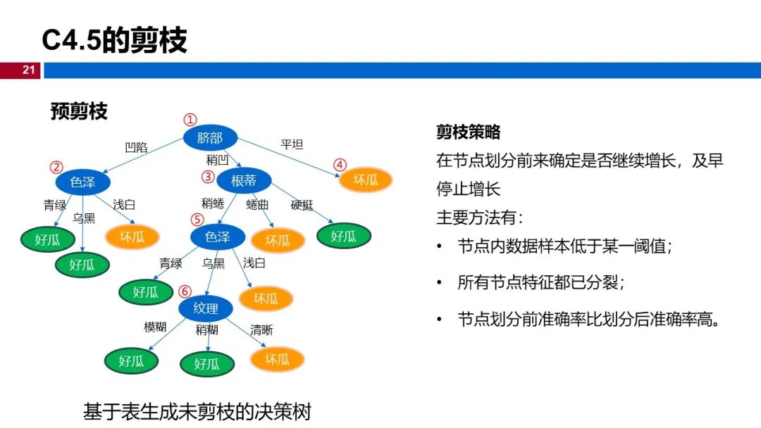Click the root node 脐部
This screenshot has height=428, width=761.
pos(210,138)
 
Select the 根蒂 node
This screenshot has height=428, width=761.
pos(244,181)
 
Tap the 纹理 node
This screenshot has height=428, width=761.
pos(206,308)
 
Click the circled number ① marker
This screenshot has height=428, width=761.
pos(190,119)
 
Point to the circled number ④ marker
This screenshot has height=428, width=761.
pos(340,165)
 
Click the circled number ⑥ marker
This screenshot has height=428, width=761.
pos(185,291)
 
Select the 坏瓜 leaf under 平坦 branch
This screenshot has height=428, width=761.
pos(366,180)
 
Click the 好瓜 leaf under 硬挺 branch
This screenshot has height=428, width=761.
pos(344,236)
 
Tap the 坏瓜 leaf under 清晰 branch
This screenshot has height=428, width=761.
pos(277,359)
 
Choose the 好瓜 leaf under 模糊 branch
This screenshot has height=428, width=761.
pos(131,361)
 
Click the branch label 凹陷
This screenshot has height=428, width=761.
pos(137,147)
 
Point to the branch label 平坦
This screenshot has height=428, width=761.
pos(292,144)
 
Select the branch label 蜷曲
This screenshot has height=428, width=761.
pos(257,205)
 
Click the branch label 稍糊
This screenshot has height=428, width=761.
pos(206,330)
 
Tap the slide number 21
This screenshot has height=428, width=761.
pos(29,70)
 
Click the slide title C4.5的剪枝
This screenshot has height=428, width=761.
pos(115,39)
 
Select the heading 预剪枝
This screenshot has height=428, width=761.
pos(79,111)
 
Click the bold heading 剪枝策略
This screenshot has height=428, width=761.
pos(469,132)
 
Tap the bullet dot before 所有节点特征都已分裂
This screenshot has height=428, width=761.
pos(439,282)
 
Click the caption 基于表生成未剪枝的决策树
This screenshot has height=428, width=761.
pos(197,412)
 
